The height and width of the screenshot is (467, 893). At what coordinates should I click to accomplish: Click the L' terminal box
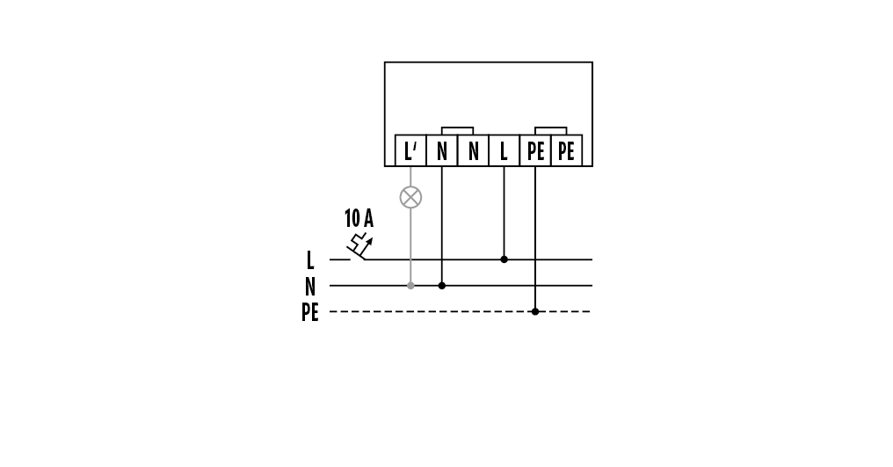pyautogui.click(x=410, y=150)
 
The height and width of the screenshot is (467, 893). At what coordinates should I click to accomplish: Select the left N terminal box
pyautogui.click(x=442, y=150)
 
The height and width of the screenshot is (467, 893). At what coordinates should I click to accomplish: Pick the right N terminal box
pyautogui.click(x=473, y=150)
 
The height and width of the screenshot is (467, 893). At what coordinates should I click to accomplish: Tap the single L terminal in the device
pyautogui.click(x=504, y=150)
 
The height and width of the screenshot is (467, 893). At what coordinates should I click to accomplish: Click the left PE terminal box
pyautogui.click(x=535, y=150)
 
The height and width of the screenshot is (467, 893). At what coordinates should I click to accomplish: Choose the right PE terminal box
pyautogui.click(x=567, y=150)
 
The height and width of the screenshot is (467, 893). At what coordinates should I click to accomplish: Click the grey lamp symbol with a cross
pyautogui.click(x=410, y=197)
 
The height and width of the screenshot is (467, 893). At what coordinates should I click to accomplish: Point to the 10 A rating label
pyautogui.click(x=359, y=218)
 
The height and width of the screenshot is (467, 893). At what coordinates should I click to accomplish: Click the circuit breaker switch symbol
pyautogui.click(x=359, y=246)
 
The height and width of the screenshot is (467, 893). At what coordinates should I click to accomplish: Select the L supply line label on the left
pyautogui.click(x=310, y=260)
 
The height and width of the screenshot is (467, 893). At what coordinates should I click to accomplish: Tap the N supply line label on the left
pyautogui.click(x=310, y=286)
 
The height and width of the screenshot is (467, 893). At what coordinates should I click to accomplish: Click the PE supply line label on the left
pyautogui.click(x=310, y=312)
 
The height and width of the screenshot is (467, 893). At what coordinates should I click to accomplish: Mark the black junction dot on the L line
pyautogui.click(x=504, y=259)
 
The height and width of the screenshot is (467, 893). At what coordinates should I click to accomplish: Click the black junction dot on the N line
pyautogui.click(x=442, y=286)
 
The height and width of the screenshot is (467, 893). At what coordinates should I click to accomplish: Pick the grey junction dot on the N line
pyautogui.click(x=410, y=286)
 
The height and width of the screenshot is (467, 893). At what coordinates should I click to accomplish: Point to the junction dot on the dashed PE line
pyautogui.click(x=535, y=311)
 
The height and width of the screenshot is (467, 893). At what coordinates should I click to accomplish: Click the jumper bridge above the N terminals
pyautogui.click(x=457, y=128)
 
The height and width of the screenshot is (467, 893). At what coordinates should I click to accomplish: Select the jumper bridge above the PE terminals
pyautogui.click(x=551, y=128)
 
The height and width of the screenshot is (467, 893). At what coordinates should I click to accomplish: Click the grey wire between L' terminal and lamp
pyautogui.click(x=410, y=177)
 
